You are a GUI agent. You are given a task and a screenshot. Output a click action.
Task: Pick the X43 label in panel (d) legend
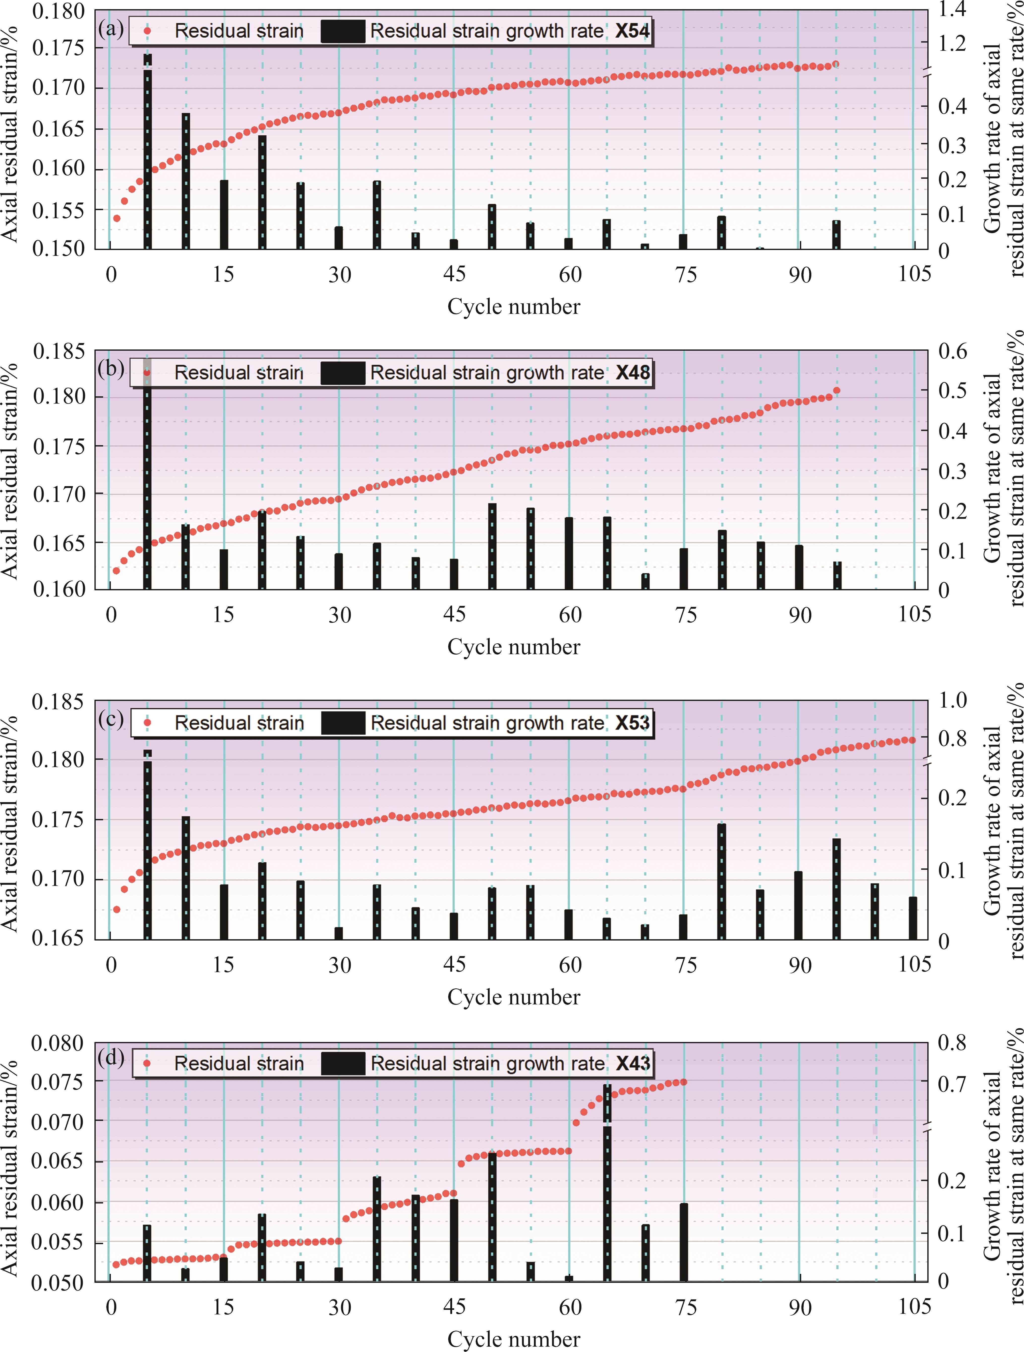coord(632,1064)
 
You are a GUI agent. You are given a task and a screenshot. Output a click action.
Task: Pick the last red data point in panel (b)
coord(836,391)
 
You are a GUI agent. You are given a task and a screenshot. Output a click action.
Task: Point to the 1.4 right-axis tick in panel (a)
coord(953,10)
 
